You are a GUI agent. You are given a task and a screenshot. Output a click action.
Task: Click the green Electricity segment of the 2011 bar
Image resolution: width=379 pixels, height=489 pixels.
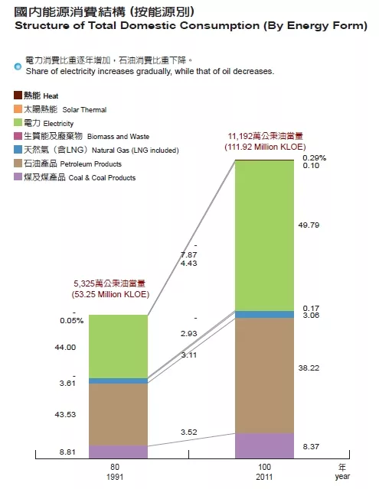264,235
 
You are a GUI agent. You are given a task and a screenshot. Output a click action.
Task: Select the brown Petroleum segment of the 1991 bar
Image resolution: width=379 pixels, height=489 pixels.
118,414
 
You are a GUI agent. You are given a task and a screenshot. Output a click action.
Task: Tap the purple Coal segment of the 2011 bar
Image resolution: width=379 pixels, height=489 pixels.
264,445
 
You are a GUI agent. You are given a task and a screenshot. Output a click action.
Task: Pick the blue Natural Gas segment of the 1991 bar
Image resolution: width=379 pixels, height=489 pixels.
118,381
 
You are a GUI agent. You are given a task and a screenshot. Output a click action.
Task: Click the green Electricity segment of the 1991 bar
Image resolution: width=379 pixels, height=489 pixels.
118,346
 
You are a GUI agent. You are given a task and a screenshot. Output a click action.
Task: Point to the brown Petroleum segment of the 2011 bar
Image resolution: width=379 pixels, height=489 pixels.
264,375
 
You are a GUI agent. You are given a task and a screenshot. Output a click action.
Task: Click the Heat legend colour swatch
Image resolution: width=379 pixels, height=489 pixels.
18,95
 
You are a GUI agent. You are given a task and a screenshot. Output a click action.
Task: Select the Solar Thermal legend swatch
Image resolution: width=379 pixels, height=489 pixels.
18,108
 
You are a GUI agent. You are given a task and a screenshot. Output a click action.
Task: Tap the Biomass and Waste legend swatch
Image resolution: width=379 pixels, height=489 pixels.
18,136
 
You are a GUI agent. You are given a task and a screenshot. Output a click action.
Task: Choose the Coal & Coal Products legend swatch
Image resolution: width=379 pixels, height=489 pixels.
18,176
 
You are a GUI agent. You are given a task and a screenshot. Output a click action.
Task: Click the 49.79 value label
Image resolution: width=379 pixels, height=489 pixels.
309,225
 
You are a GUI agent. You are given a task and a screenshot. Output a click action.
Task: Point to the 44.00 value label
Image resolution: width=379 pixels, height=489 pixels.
65,348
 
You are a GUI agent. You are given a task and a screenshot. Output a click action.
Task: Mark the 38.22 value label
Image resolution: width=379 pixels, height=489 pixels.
309,368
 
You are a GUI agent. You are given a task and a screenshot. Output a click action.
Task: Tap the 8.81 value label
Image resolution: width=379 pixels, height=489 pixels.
67,452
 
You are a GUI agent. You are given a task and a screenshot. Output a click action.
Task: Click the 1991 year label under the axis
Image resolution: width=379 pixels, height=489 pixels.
115,477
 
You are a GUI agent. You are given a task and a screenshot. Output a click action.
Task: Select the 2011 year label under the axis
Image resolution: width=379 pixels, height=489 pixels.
264,477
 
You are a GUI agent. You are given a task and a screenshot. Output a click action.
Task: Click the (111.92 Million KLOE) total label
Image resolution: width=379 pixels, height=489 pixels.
265,147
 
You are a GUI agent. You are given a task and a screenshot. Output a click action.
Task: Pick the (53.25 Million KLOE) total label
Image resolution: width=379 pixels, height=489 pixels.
110,294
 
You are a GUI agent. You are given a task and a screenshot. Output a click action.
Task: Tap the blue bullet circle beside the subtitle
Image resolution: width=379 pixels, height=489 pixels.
18,66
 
